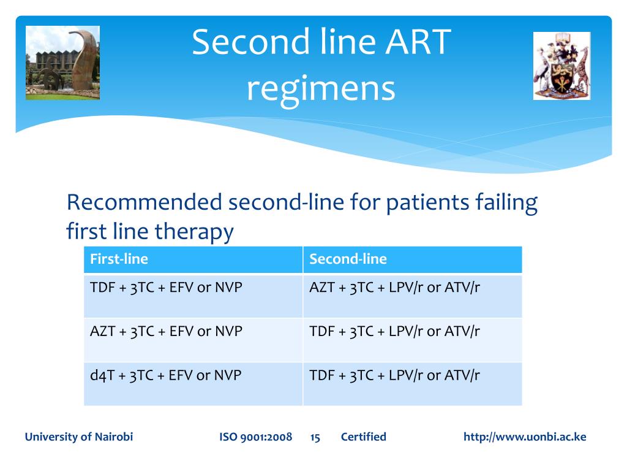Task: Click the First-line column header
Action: pyautogui.click(x=193, y=259)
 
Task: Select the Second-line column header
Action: pyautogui.click(x=413, y=259)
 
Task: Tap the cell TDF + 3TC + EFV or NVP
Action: pyautogui.click(x=193, y=296)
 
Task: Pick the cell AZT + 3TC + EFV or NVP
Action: pyautogui.click(x=193, y=340)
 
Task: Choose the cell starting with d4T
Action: pyautogui.click(x=193, y=384)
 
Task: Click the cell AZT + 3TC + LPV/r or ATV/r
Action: pyautogui.click(x=413, y=296)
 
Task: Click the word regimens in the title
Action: pyautogui.click(x=321, y=90)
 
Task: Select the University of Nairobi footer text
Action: pyautogui.click(x=79, y=437)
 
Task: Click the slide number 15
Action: pyautogui.click(x=315, y=437)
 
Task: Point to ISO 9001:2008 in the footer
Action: pyautogui.click(x=255, y=437)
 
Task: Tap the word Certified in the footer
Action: pyautogui.click(x=364, y=437)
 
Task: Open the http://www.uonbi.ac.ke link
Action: pyautogui.click(x=525, y=437)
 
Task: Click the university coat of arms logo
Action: pyautogui.click(x=562, y=66)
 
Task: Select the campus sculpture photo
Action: pyautogui.click(x=63, y=63)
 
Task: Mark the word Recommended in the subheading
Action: pyautogui.click(x=145, y=202)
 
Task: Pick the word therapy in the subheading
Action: pyautogui.click(x=194, y=232)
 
